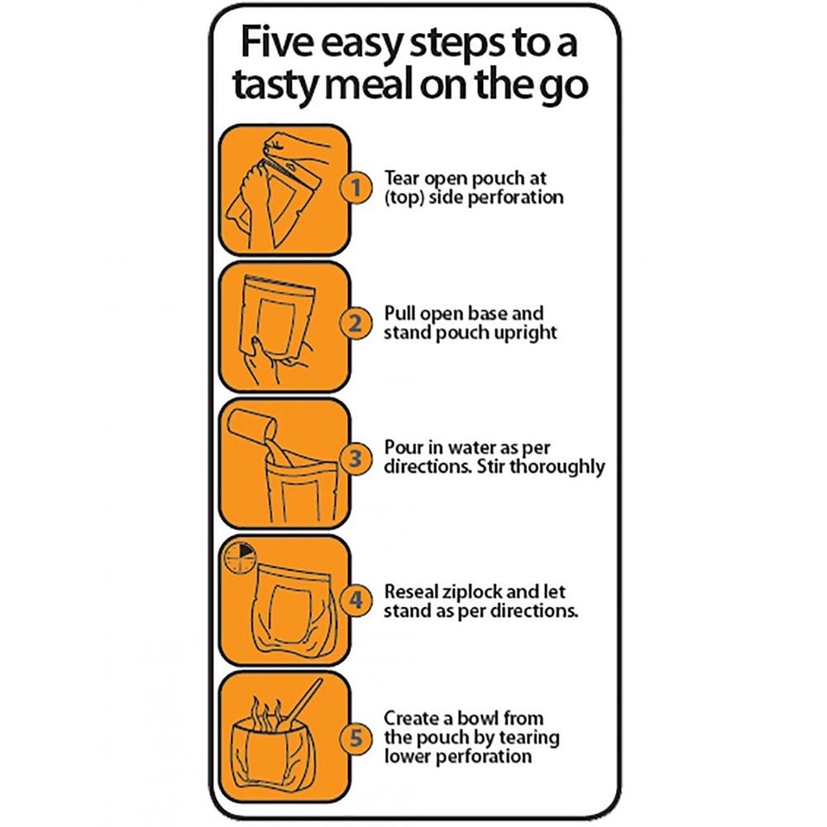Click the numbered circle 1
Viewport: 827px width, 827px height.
click(356, 187)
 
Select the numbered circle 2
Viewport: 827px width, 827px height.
click(356, 323)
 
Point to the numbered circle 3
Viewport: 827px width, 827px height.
click(356, 458)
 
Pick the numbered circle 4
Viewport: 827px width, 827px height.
click(356, 600)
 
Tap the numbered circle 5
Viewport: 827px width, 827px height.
click(356, 738)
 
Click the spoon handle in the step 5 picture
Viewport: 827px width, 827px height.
click(305, 699)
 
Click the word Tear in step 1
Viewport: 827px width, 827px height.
click(402, 178)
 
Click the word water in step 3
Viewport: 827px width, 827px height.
click(472, 447)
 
